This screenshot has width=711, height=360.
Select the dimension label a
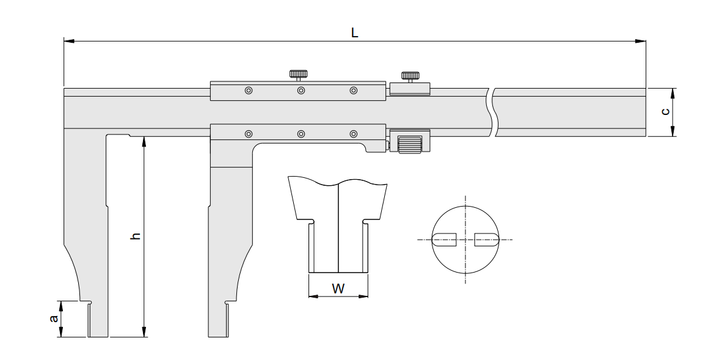pos(54,319)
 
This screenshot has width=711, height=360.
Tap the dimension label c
pos(665,112)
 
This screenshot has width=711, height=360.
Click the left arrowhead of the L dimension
pos(69,42)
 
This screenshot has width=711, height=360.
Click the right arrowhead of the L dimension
pos(641,42)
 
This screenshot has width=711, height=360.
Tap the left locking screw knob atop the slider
pos(298,74)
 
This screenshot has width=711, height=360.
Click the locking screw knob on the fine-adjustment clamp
pos(409,76)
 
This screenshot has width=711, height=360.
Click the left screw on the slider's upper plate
pos(248,91)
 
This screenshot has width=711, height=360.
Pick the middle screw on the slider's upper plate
pos(301,91)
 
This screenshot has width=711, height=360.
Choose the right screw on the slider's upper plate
pos(353,91)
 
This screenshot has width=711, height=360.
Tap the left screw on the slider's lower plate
pos(248,134)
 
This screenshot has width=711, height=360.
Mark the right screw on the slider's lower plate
pos(353,134)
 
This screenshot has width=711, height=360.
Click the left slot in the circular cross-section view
pos(445,239)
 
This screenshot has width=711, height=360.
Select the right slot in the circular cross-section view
pos(486,239)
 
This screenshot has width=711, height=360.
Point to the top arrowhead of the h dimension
pos(144,141)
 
